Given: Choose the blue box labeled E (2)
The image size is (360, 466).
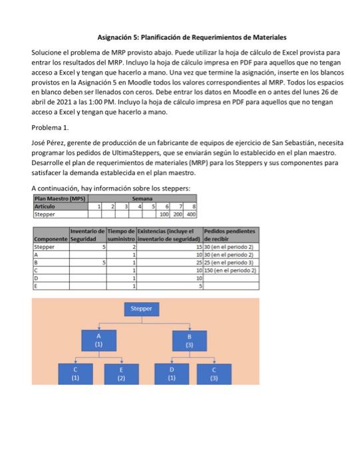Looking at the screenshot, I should pyautogui.click(x=121, y=374).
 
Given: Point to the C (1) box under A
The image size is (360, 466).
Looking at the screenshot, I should pyautogui.click(x=75, y=374).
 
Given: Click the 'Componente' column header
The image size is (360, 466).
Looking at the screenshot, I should pyautogui.click(x=50, y=238).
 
